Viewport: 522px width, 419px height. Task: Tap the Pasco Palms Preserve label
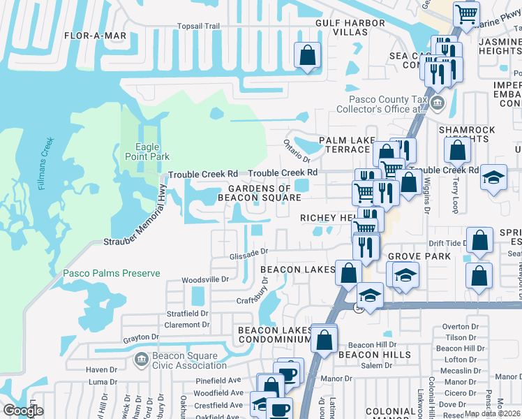pyautogui.click(x=112, y=274)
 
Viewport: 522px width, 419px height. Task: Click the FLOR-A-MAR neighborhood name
pyautogui.click(x=94, y=35)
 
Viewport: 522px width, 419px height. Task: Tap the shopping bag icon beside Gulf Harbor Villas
pyautogui.click(x=307, y=55)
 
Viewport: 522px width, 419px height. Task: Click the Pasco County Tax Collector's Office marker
pyautogui.click(x=438, y=105)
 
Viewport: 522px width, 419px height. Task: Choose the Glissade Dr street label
pyautogui.click(x=249, y=254)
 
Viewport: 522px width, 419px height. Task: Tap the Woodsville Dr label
pyautogui.click(x=205, y=279)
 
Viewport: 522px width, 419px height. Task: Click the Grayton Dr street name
pyautogui.click(x=142, y=337)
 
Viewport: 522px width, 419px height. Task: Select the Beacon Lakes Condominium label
pyautogui.click(x=274, y=335)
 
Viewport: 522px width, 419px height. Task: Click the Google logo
pyautogui.click(x=23, y=411)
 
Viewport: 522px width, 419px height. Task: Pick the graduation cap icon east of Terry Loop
pyautogui.click(x=493, y=177)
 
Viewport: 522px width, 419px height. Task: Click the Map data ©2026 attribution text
pyautogui.click(x=493, y=413)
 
